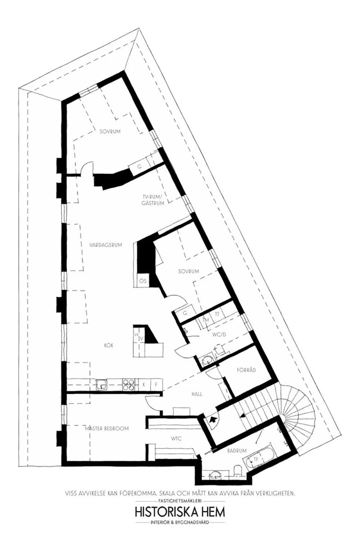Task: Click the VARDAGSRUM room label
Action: click(106, 245)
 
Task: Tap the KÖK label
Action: click(109, 345)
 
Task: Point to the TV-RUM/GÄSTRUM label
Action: click(153, 200)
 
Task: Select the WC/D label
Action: click(219, 334)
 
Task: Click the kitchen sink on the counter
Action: click(102, 385)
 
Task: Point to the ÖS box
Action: click(143, 280)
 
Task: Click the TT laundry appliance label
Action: click(217, 315)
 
